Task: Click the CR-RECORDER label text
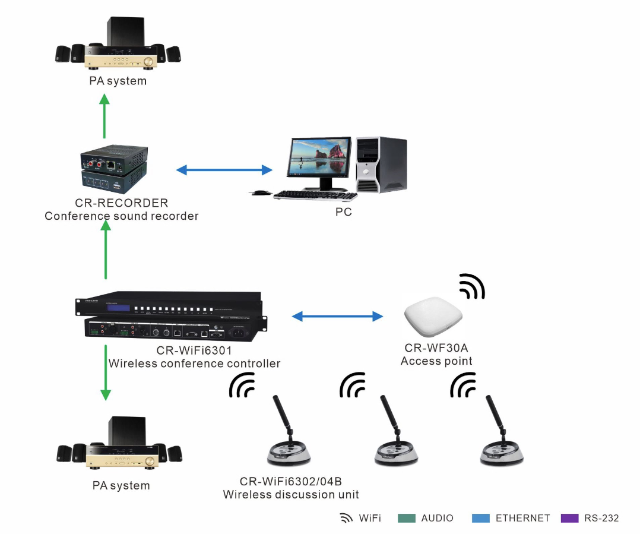[122, 203]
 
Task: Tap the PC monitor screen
[319, 157]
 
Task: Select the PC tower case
[381, 165]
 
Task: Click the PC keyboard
[315, 195]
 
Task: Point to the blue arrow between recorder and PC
[224, 170]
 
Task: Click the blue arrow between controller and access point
[338, 316]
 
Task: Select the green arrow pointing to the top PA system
[104, 116]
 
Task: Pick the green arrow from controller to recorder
[106, 249]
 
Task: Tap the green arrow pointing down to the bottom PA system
[106, 373]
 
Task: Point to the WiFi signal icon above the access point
[472, 286]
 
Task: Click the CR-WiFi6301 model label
[194, 350]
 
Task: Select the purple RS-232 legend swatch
[570, 518]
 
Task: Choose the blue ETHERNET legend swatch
[481, 518]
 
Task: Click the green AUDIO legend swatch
[407, 518]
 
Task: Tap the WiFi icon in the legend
[346, 518]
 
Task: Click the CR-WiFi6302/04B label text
[291, 482]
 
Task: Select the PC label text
[344, 212]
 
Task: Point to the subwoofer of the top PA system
[125, 31]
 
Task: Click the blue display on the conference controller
[118, 308]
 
